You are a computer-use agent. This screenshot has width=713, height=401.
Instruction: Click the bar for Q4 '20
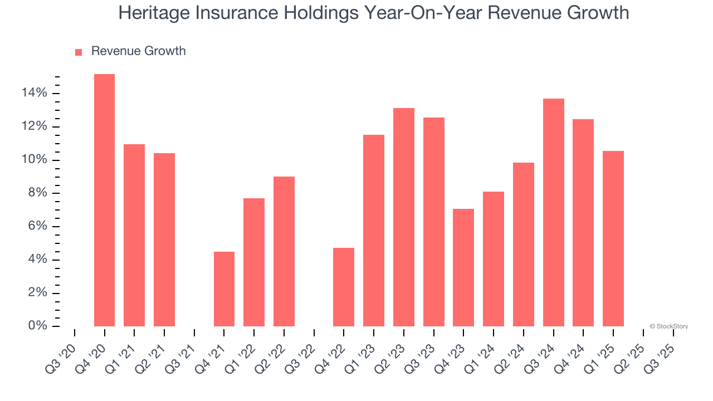click(104, 200)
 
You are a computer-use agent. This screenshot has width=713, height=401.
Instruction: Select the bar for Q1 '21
click(134, 235)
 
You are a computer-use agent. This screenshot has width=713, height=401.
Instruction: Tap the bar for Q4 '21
click(224, 289)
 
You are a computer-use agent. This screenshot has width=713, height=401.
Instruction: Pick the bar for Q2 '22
click(284, 251)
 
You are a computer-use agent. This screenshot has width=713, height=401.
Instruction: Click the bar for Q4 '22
click(344, 287)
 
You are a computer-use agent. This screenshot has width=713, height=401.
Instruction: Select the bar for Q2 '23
click(404, 217)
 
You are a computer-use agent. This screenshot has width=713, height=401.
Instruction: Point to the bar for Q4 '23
click(463, 267)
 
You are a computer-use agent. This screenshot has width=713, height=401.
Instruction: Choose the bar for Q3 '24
click(554, 212)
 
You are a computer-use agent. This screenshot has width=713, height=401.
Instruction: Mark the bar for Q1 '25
click(613, 238)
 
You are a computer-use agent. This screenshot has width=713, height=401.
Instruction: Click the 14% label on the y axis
click(35, 93)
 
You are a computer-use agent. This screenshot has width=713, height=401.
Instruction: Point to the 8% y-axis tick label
click(37, 193)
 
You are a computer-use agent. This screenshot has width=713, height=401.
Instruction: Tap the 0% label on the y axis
click(37, 326)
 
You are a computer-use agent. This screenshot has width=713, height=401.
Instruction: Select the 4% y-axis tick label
click(37, 260)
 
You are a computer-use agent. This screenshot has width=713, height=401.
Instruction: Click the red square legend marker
click(79, 52)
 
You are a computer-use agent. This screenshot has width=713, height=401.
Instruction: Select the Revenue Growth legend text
click(138, 51)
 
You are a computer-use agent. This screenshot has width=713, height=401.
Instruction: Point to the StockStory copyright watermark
click(668, 326)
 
